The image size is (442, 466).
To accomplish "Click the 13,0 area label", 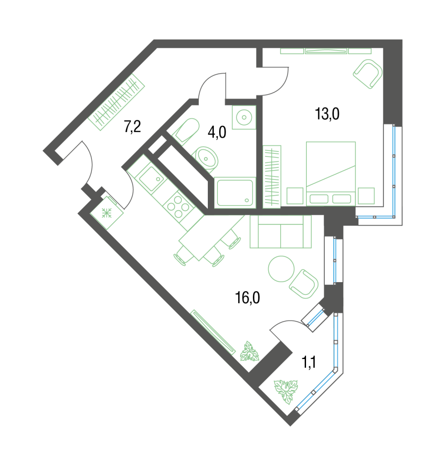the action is pyautogui.click(x=327, y=114).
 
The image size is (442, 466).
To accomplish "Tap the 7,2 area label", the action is pyautogui.click(x=132, y=127).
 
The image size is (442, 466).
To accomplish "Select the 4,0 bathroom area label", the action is pyautogui.click(x=217, y=132).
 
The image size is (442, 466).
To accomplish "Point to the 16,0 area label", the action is pyautogui.click(x=247, y=298).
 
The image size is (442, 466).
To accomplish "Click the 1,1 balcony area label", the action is pyautogui.click(x=309, y=362).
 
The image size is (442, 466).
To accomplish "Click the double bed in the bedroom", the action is pyautogui.click(x=331, y=173).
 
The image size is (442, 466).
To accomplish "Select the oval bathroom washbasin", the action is pyautogui.click(x=206, y=159).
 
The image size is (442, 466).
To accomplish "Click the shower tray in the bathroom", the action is pyautogui.click(x=235, y=192).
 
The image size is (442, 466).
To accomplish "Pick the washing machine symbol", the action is pyautogui.click(x=244, y=117).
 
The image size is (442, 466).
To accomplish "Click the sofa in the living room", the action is pyautogui.click(x=281, y=232).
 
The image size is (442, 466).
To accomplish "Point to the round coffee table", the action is pyautogui.click(x=281, y=268).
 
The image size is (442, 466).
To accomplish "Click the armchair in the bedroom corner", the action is pyautogui.click(x=368, y=74).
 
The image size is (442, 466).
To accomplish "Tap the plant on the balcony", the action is pyautogui.click(x=286, y=391).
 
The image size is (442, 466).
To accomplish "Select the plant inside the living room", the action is pyautogui.click(x=249, y=352).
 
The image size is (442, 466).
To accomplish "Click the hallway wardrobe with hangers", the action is pyautogui.click(x=117, y=102).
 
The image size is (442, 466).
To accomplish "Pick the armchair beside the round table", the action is pyautogui.click(x=304, y=284).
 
